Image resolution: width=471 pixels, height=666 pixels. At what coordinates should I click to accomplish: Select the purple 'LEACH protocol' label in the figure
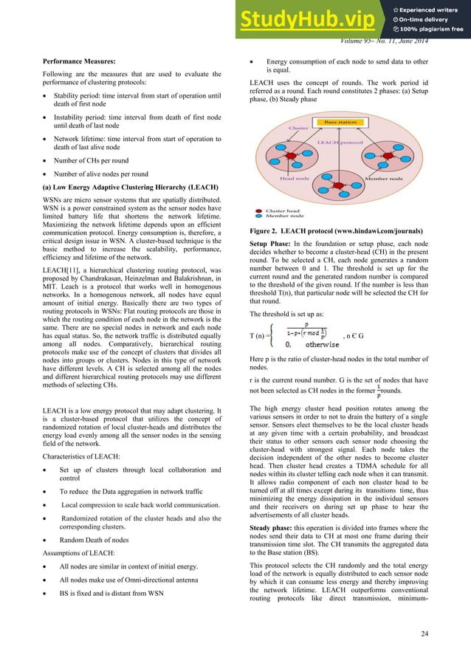[x=341, y=143]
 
